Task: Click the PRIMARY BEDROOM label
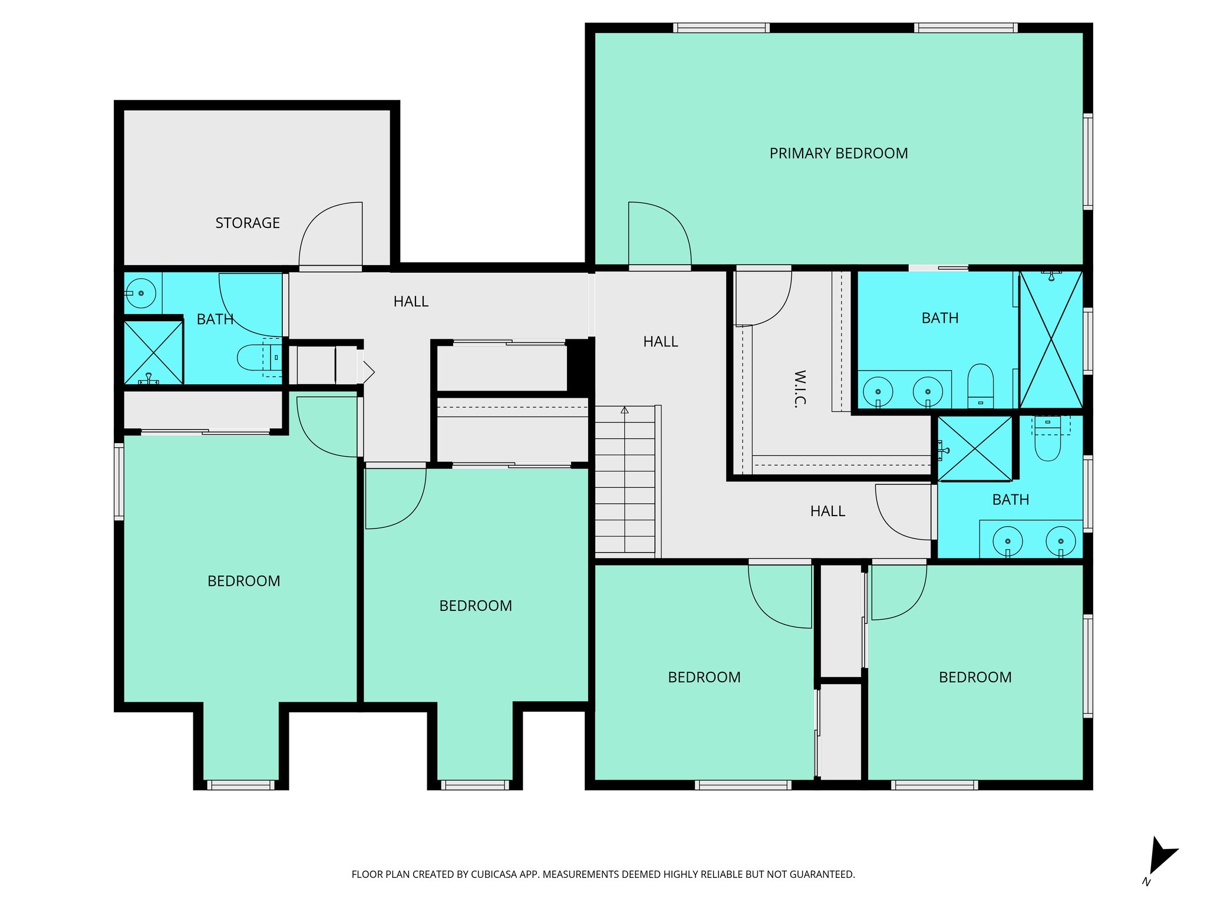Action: (x=838, y=154)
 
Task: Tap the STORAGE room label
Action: (x=248, y=223)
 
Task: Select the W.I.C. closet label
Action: (x=800, y=389)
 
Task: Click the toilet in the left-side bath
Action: (x=257, y=358)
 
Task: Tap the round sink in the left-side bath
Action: (x=140, y=293)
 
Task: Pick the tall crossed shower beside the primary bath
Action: (x=1051, y=340)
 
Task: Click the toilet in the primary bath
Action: (x=980, y=386)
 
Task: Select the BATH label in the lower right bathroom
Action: (x=1010, y=500)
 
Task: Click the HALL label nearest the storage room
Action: (x=411, y=302)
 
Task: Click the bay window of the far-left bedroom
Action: (x=240, y=785)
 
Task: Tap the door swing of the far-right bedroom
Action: (x=898, y=592)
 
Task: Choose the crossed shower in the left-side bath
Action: (x=153, y=353)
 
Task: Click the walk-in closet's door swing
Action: (x=763, y=298)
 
